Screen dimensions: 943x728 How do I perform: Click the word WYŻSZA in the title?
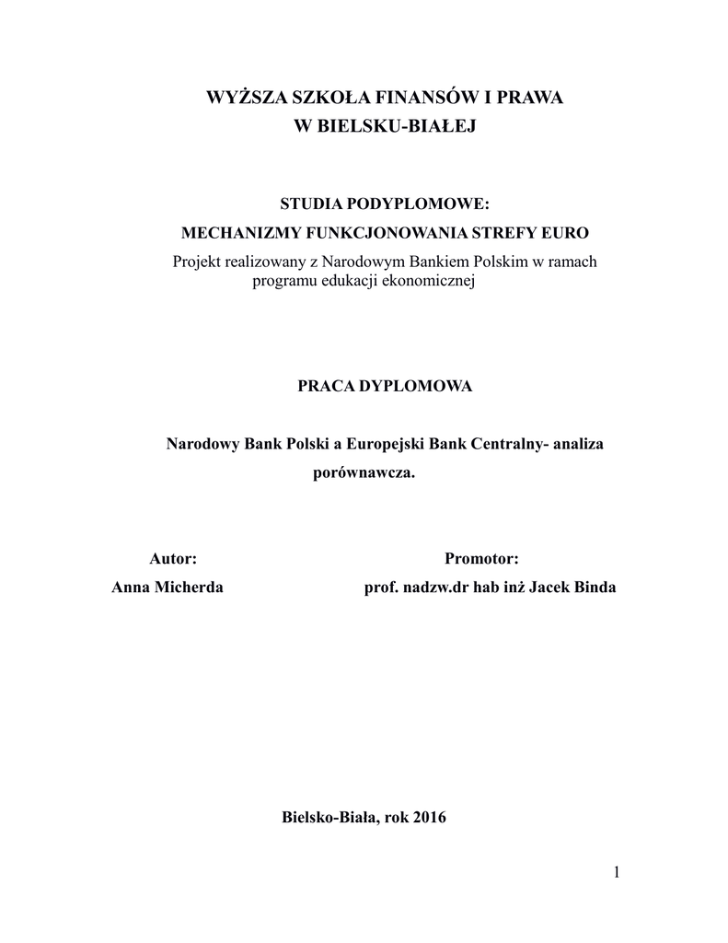243,98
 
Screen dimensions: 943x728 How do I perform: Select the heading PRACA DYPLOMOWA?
384,386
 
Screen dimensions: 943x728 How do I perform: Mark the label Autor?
173,558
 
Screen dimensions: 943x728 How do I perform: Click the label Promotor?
481,558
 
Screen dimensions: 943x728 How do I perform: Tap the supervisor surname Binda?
595,588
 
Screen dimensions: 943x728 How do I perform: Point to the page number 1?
616,872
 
